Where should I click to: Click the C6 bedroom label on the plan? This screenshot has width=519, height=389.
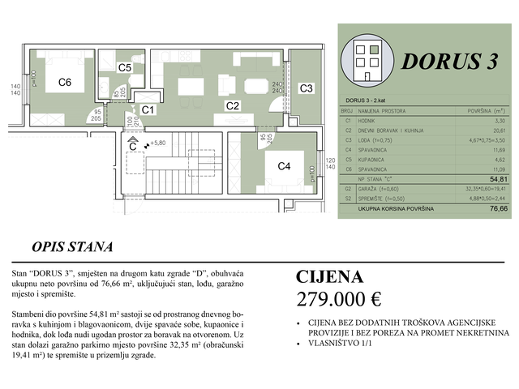coord(66,83)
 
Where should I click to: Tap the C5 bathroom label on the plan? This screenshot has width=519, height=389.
coord(124,69)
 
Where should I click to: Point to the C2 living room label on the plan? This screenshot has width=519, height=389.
coord(232,105)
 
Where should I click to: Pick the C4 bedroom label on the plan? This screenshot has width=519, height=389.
coord(284,166)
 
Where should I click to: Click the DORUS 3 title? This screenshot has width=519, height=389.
coord(448,64)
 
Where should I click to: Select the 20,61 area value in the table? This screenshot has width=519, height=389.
coord(494,130)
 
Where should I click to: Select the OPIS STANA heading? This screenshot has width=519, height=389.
coord(72,247)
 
